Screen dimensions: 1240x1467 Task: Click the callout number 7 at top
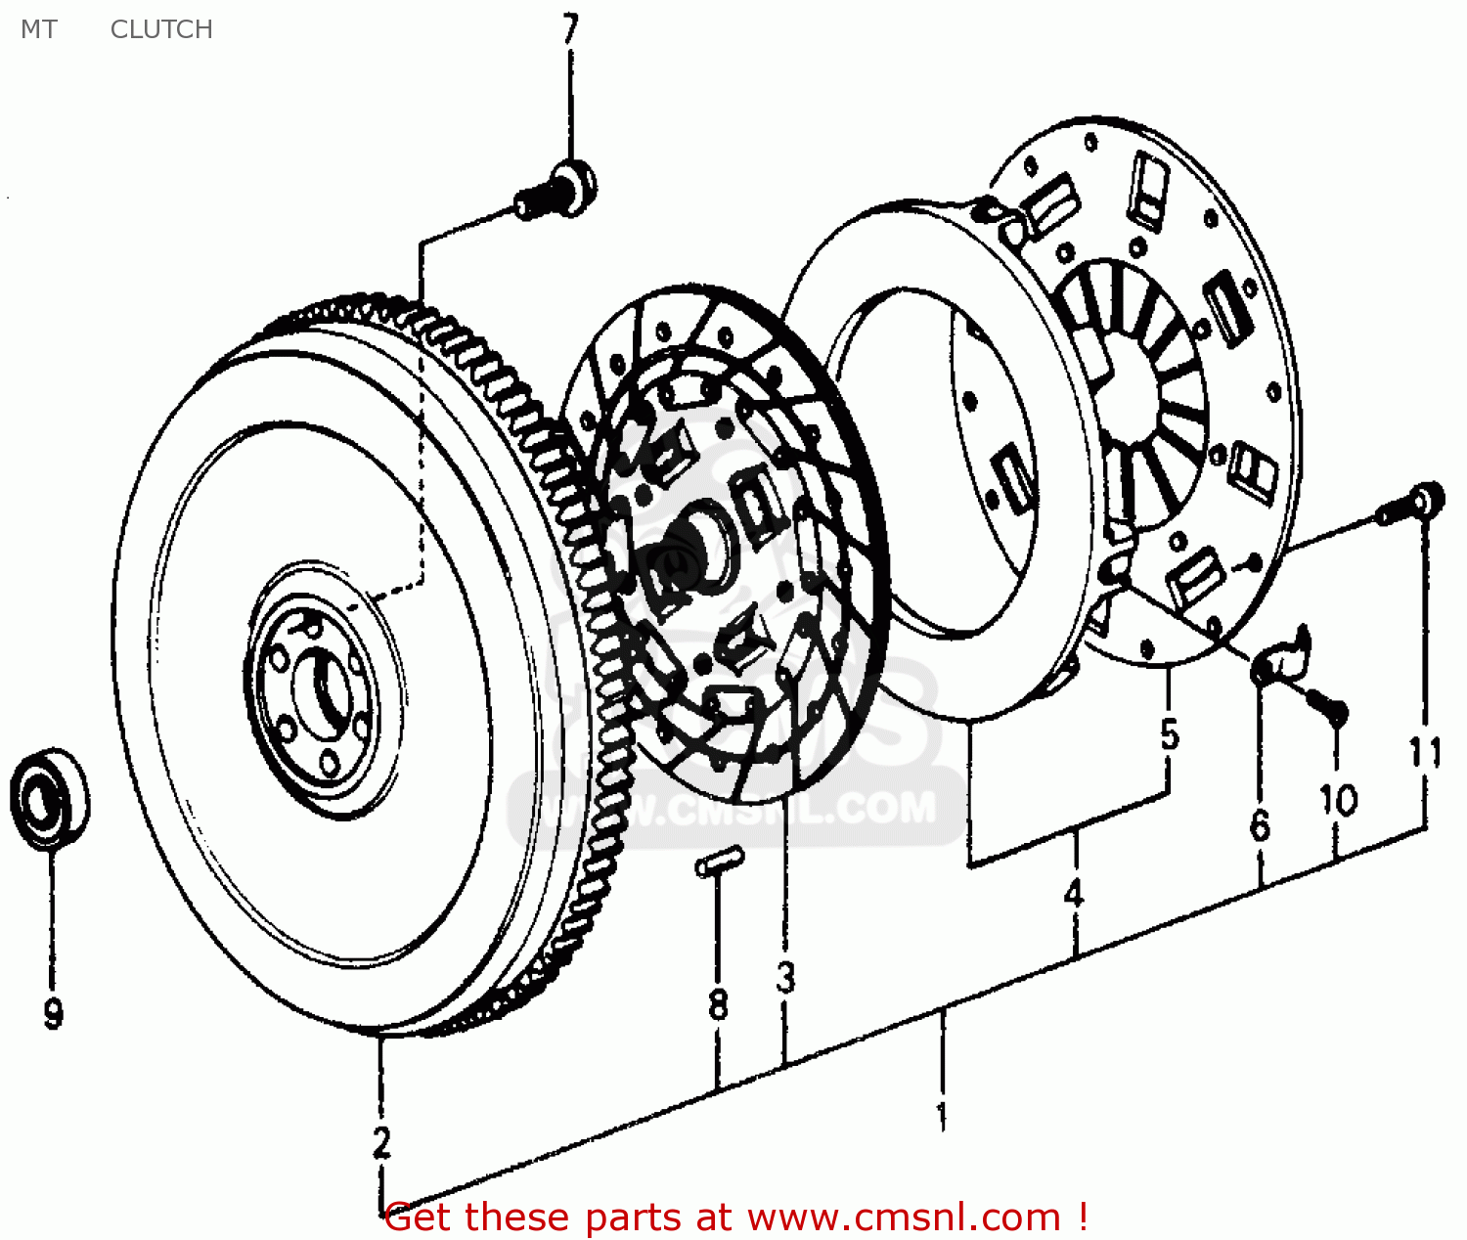pos(570,28)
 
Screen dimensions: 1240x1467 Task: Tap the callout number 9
pos(53,1012)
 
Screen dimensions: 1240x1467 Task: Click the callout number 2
pos(381,1141)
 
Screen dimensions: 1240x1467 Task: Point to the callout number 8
pos(718,1004)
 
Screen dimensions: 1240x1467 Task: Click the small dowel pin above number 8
pos(720,863)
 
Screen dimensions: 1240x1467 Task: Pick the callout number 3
pos(786,977)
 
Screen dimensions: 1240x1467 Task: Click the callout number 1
pos(942,1115)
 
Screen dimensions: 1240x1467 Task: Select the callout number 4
pos(1074,892)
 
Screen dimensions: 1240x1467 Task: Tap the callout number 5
pos(1170,733)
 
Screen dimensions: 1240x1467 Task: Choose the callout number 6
pos(1260,825)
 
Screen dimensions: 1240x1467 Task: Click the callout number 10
pos(1339,800)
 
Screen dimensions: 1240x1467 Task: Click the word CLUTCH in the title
pos(161,29)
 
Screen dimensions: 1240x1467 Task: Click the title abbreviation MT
pos(39,29)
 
